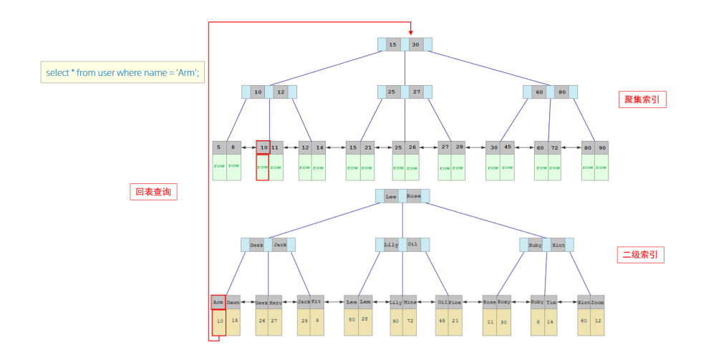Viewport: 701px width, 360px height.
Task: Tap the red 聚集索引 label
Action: pyautogui.click(x=642, y=100)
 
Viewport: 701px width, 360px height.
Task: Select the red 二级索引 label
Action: pyautogui.click(x=640, y=254)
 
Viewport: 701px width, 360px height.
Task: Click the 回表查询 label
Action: pyautogui.click(x=153, y=192)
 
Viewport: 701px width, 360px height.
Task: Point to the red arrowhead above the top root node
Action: pyautogui.click(x=411, y=31)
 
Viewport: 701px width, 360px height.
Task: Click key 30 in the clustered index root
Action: pyautogui.click(x=415, y=44)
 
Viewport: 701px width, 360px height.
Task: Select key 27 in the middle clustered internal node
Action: pyautogui.click(x=417, y=92)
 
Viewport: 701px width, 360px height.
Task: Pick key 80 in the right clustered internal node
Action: pyautogui.click(x=562, y=92)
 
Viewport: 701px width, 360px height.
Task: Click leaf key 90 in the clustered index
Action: pyautogui.click(x=601, y=147)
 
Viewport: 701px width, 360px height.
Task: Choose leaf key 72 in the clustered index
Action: pyautogui.click(x=554, y=147)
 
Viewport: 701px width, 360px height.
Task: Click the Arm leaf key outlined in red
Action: pyautogui.click(x=218, y=303)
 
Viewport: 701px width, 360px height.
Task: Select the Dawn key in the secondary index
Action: pyautogui.click(x=233, y=303)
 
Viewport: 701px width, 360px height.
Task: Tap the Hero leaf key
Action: pyautogui.click(x=276, y=303)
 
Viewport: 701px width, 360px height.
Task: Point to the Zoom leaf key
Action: pyautogui.click(x=598, y=303)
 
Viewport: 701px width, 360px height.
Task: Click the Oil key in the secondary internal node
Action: pyautogui.click(x=413, y=245)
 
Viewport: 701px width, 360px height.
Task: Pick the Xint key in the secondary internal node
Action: pyautogui.click(x=559, y=245)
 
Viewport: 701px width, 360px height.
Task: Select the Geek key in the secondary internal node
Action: pyautogui.click(x=256, y=245)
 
